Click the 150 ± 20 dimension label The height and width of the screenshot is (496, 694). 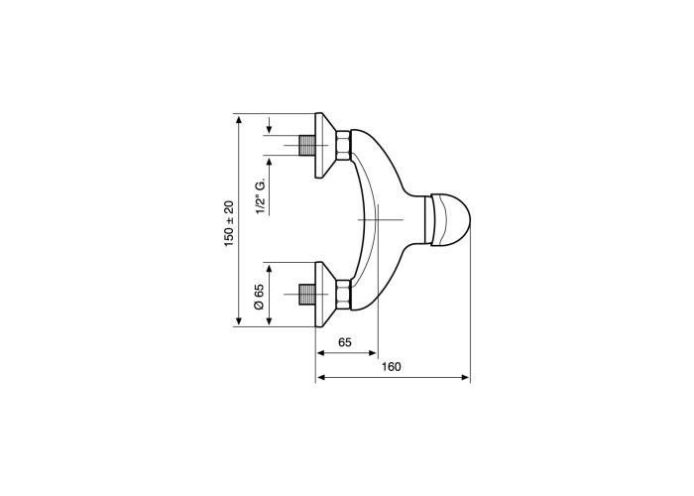pyautogui.click(x=229, y=223)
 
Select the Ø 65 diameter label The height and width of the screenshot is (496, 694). pyautogui.click(x=260, y=297)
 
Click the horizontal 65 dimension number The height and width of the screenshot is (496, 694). pyautogui.click(x=345, y=342)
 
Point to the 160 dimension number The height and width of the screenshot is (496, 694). pyautogui.click(x=392, y=367)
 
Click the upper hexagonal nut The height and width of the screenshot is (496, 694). pyautogui.click(x=343, y=145)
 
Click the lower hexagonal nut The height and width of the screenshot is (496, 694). pyautogui.click(x=343, y=294)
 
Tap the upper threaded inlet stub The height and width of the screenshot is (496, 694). pyautogui.click(x=306, y=145)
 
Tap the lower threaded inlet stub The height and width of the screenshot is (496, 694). pyautogui.click(x=306, y=294)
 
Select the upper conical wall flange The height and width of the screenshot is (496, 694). pyautogui.click(x=325, y=145)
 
